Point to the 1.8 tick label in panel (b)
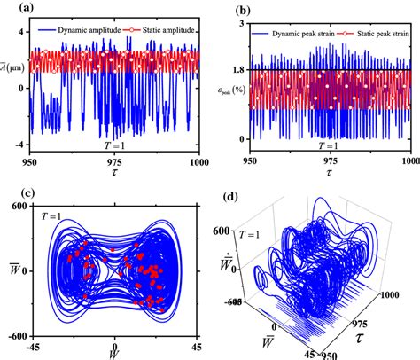pyautogui.click(x=237, y=69)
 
